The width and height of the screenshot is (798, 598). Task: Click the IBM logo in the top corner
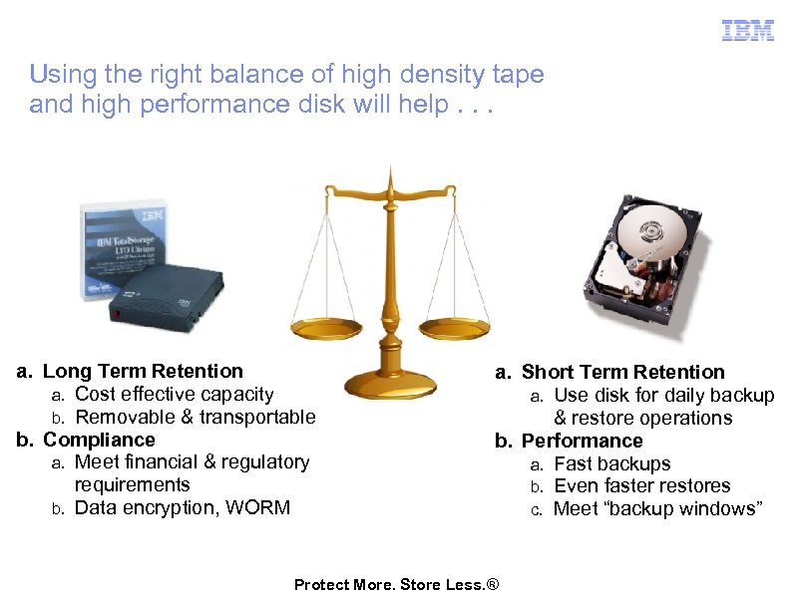[x=747, y=31]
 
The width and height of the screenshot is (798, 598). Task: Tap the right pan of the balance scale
[x=453, y=326]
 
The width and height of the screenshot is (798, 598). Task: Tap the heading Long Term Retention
[x=143, y=371]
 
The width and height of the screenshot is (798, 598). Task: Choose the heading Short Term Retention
[x=622, y=372]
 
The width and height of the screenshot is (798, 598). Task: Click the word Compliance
[x=99, y=440]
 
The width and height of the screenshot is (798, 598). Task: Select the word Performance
[x=582, y=441]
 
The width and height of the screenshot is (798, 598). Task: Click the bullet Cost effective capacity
[x=174, y=394]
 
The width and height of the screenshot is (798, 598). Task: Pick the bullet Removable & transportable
[x=195, y=417]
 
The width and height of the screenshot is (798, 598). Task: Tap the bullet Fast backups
[x=611, y=463]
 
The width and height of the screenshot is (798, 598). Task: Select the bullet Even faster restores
[x=641, y=485]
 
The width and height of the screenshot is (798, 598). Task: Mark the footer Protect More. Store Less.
[x=395, y=584]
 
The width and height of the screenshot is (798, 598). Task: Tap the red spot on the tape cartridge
[x=117, y=314]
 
